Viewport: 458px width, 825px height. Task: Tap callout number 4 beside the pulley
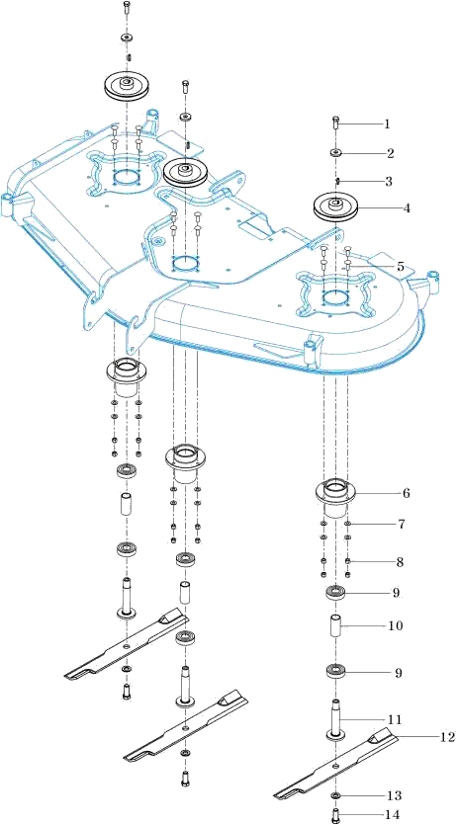point(406,207)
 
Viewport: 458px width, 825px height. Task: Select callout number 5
point(401,267)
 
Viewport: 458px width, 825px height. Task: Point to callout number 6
point(406,494)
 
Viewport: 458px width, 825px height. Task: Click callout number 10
point(396,626)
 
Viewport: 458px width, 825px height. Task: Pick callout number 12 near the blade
point(446,737)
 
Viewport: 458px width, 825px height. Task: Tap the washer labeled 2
point(335,153)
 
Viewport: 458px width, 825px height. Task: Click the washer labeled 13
point(335,793)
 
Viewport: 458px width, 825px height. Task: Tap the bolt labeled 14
point(335,815)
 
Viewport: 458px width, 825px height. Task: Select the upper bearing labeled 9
point(335,593)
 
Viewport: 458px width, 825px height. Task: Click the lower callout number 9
point(398,673)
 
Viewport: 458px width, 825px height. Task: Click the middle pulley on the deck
point(186,172)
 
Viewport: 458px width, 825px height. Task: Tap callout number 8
point(401,562)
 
